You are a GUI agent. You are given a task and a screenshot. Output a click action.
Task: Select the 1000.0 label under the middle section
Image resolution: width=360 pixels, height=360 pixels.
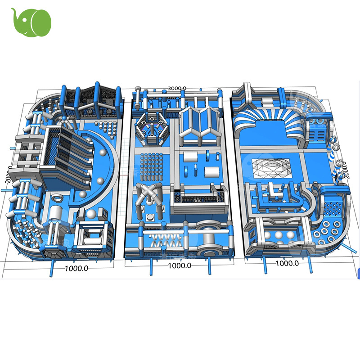click(x=180, y=265)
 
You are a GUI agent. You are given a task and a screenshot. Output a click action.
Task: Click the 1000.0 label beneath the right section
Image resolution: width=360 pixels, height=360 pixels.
click(x=287, y=263)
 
